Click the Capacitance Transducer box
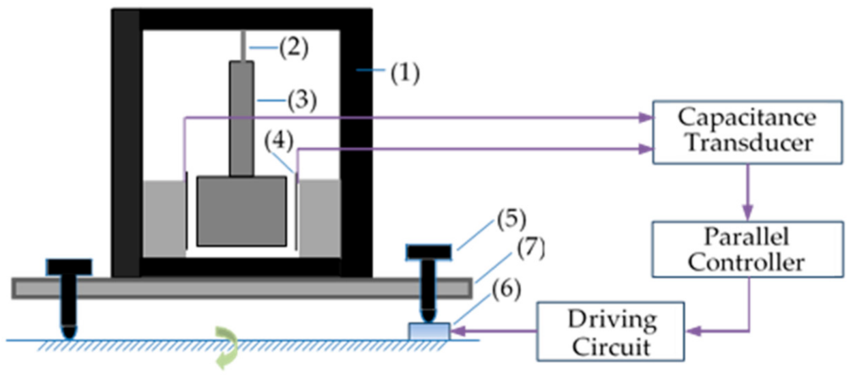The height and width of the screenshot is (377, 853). (x=747, y=131)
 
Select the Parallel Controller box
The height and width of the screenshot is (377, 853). (x=747, y=250)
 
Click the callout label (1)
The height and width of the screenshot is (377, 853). (x=405, y=73)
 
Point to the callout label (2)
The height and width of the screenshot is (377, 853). (x=294, y=48)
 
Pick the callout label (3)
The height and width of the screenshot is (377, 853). (x=302, y=100)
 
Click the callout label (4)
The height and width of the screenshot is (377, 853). (x=279, y=141)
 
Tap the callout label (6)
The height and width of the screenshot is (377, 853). (x=506, y=290)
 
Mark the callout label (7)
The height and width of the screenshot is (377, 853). (x=531, y=248)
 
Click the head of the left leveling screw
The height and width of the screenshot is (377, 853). (x=69, y=267)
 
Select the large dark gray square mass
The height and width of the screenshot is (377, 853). (x=242, y=211)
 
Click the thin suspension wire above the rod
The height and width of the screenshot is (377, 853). (x=242, y=46)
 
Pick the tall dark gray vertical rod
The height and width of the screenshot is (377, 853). (x=242, y=118)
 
